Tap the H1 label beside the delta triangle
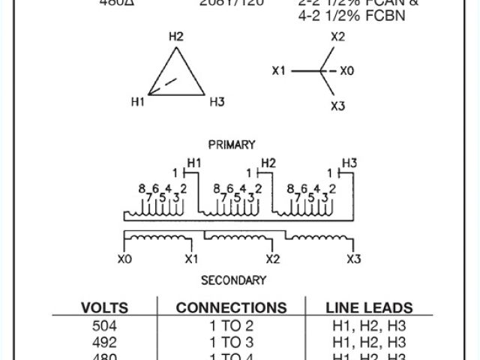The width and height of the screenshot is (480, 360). (136, 101)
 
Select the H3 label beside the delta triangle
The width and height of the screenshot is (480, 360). (217, 101)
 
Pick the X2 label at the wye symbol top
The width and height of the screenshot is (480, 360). (337, 36)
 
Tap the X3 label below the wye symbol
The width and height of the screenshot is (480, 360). (337, 106)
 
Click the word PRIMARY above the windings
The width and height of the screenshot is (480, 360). (232, 145)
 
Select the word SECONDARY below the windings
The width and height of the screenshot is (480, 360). (233, 280)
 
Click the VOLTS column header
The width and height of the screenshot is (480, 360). (104, 307)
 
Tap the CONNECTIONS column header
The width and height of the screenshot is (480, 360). (231, 307)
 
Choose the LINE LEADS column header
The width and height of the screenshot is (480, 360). (369, 307)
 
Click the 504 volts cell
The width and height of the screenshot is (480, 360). (104, 326)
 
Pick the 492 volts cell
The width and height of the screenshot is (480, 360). (104, 342)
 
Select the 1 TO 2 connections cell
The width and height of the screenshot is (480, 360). (231, 326)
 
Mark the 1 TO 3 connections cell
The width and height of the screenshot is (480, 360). (231, 342)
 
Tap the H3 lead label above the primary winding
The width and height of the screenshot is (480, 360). (349, 163)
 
